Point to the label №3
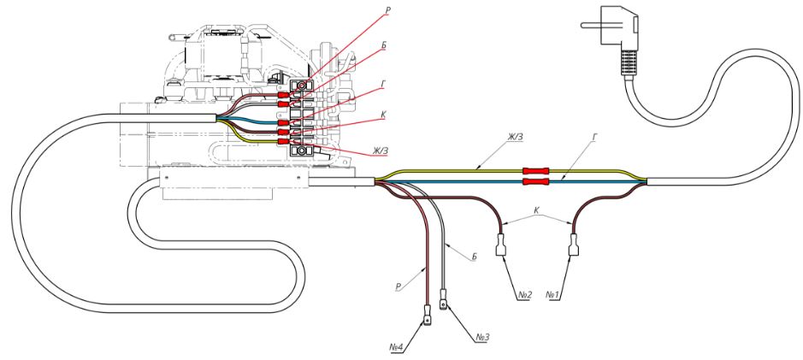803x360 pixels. pyautogui.click(x=481, y=337)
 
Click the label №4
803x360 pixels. pyautogui.click(x=396, y=347)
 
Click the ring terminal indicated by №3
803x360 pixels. pyautogui.click(x=443, y=300)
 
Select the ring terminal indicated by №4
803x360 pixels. pyautogui.click(x=426, y=317)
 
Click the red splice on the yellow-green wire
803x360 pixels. pyautogui.click(x=535, y=170)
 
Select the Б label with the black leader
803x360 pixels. pyautogui.click(x=474, y=256)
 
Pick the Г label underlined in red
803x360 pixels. pyautogui.click(x=384, y=86)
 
